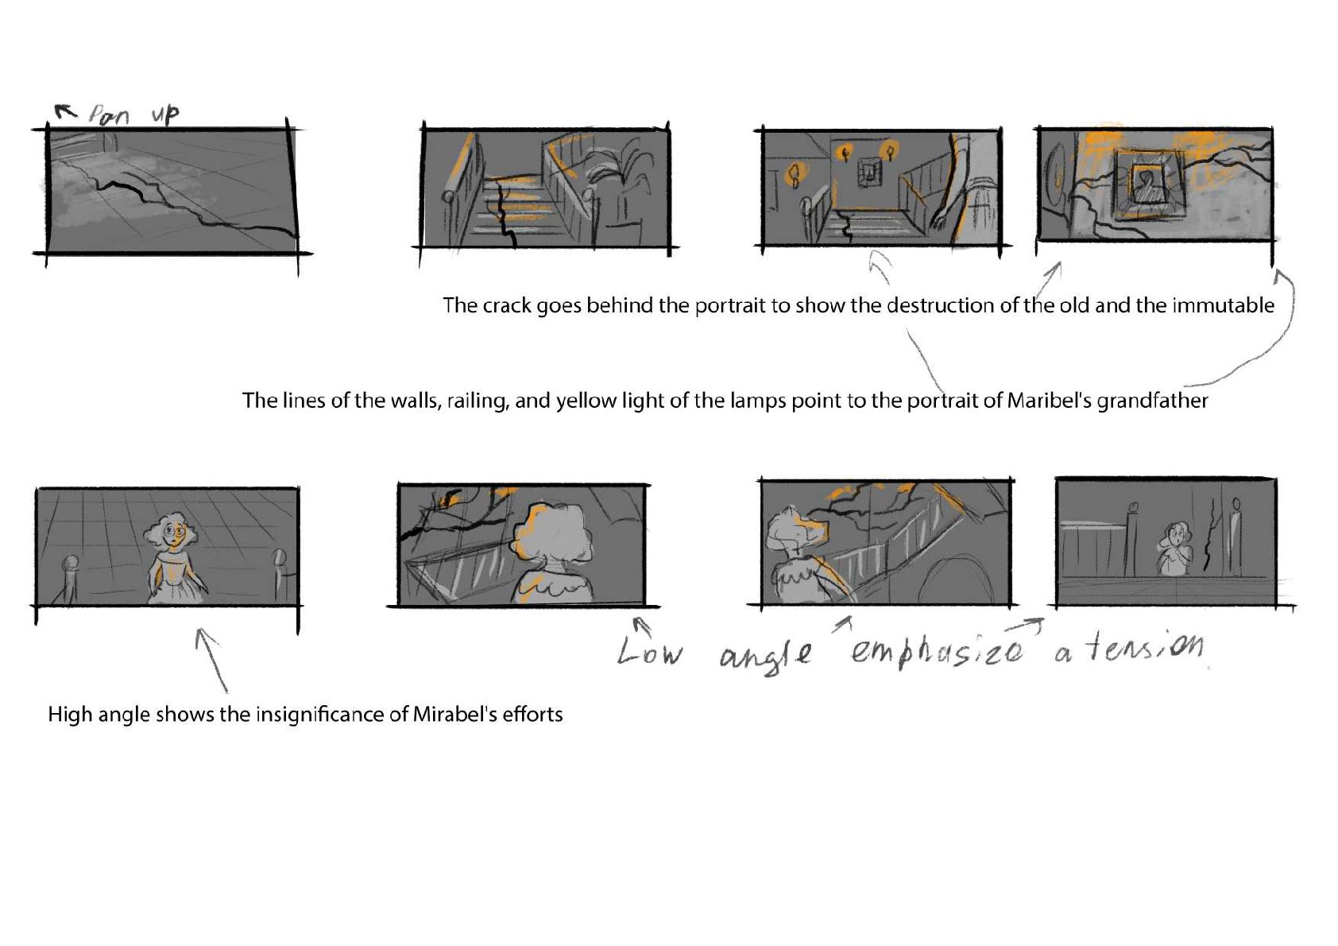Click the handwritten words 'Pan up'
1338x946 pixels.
click(x=133, y=114)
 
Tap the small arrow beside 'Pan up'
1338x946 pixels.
click(x=66, y=111)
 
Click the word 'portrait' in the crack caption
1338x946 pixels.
click(x=712, y=306)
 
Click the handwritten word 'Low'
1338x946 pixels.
click(x=648, y=651)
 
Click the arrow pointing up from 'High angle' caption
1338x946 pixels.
click(x=212, y=660)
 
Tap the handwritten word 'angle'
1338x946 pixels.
click(x=766, y=655)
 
